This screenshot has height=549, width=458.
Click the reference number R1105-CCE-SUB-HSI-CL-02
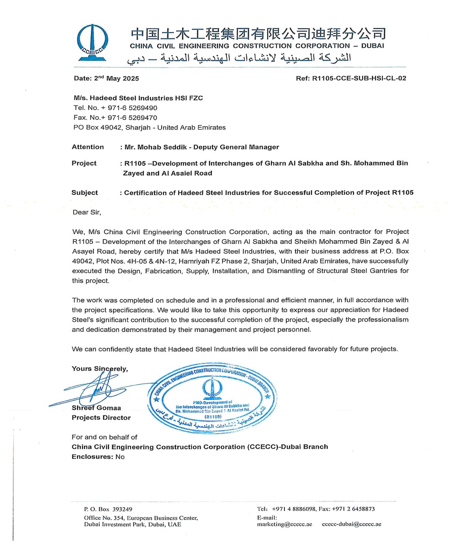(x=359, y=78)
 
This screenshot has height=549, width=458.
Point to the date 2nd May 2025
(x=106, y=78)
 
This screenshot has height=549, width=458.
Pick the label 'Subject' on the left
(x=85, y=193)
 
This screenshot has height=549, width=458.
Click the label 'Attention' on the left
(x=88, y=147)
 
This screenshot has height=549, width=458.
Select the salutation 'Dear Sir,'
(x=87, y=212)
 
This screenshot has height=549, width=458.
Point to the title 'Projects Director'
(x=101, y=417)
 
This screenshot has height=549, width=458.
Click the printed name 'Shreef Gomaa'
(x=96, y=408)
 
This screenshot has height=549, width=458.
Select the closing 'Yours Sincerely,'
(x=100, y=368)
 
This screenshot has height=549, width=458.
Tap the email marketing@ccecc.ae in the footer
(x=284, y=524)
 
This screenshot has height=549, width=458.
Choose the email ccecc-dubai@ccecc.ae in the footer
(x=351, y=524)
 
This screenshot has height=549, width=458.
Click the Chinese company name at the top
(x=258, y=33)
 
